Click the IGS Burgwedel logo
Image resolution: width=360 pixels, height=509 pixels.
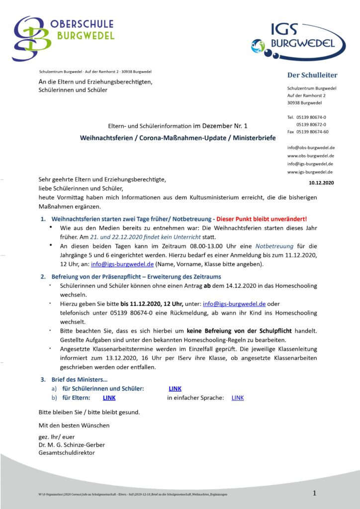[298, 39]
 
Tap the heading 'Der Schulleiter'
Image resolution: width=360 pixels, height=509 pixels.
[312, 75]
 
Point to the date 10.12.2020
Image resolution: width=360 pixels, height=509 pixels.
[321, 183]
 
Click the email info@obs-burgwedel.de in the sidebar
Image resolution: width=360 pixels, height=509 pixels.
[311, 148]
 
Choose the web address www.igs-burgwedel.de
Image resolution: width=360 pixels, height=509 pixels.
[310, 172]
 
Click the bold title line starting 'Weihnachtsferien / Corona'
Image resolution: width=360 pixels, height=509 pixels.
[178, 138]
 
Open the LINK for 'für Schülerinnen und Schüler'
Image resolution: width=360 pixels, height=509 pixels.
[175, 389]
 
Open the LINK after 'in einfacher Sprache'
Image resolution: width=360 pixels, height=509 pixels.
[238, 398]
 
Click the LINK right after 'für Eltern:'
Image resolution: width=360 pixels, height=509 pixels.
[109, 398]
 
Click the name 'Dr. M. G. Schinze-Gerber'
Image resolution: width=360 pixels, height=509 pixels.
[72, 445]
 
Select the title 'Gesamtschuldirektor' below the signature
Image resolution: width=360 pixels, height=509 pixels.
[67, 453]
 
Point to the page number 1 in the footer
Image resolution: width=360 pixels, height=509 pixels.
[315, 493]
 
